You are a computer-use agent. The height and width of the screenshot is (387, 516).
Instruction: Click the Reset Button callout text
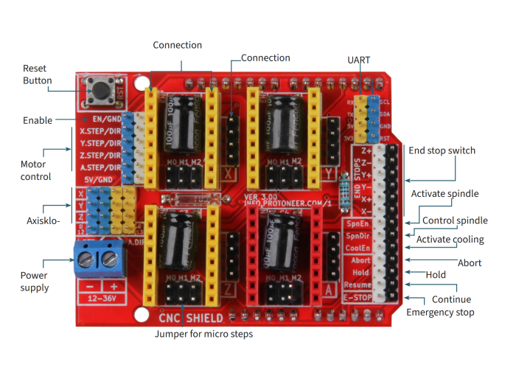(x=37, y=74)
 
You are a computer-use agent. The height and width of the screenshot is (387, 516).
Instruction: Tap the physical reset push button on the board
(x=99, y=91)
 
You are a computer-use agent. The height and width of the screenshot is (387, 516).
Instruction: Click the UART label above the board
(x=359, y=59)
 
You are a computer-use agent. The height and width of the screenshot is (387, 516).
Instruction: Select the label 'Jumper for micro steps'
(x=203, y=334)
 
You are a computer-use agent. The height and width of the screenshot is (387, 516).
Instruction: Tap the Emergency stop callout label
(x=440, y=313)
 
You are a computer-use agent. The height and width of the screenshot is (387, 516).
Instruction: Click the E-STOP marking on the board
(x=358, y=297)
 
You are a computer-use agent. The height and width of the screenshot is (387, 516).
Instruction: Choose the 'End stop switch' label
(x=442, y=151)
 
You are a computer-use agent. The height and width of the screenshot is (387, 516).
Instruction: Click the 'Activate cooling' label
(x=450, y=240)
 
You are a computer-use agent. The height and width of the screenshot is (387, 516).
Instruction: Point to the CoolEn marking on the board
(x=358, y=248)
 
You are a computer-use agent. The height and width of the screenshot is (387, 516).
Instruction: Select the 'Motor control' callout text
(x=35, y=170)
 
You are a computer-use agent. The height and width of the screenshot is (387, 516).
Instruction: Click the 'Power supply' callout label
(x=35, y=282)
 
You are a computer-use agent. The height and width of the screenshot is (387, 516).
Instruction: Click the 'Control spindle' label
(x=455, y=220)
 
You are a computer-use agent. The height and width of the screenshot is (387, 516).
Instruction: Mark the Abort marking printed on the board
(x=360, y=260)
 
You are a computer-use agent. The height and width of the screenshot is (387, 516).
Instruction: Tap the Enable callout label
(x=38, y=120)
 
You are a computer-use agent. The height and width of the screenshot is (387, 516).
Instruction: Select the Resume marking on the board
(x=358, y=285)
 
